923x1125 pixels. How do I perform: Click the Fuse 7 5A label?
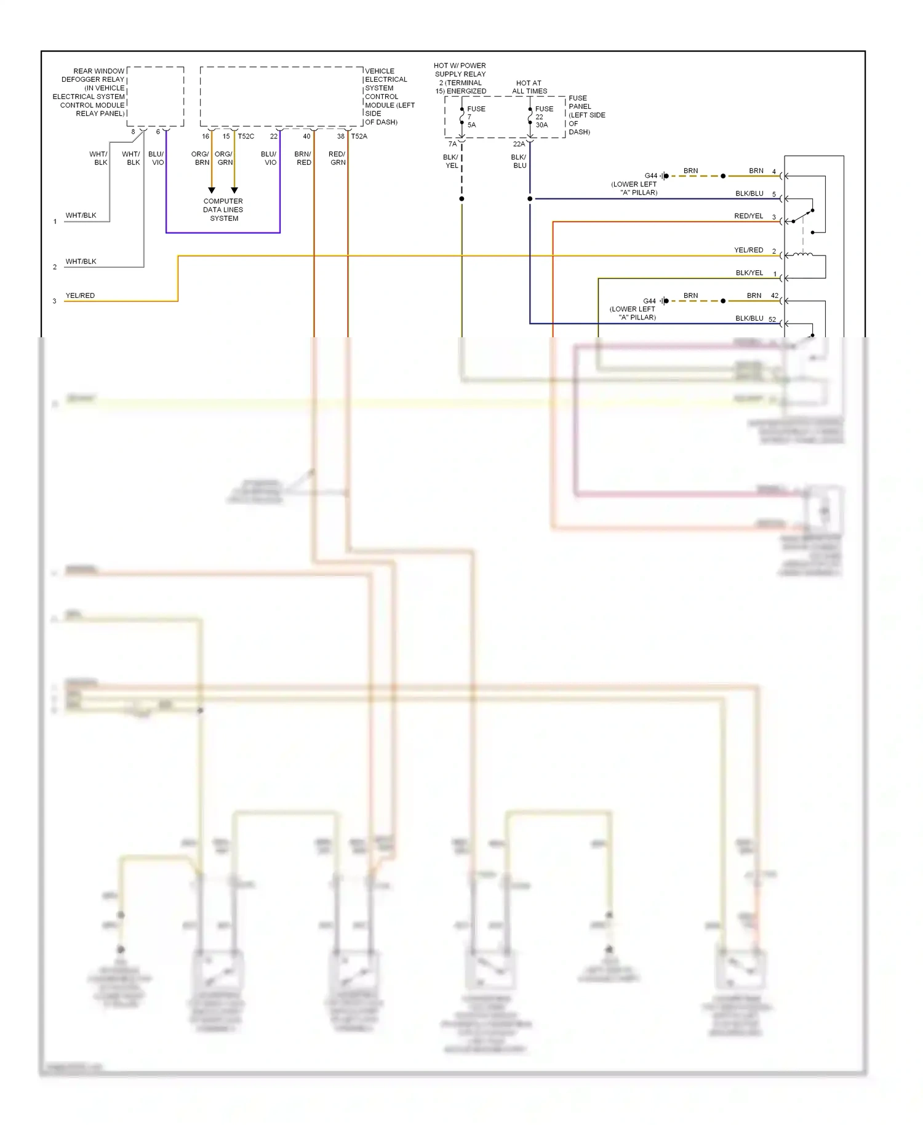coord(476,117)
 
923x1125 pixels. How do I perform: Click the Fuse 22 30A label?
coord(544,117)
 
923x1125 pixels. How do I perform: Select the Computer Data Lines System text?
coord(223,210)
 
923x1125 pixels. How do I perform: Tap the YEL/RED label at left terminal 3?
coord(80,295)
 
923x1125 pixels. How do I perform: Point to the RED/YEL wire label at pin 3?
coord(748,216)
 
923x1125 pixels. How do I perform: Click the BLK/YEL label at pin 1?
coord(749,273)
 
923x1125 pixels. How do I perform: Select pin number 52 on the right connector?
coord(772,319)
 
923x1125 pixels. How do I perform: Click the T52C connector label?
coord(246,137)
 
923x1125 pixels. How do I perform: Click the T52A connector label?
coord(359,137)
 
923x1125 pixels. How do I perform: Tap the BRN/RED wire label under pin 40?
coord(303,158)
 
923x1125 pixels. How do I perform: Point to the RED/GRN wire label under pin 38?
coord(337,158)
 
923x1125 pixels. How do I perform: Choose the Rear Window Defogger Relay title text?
coord(92,92)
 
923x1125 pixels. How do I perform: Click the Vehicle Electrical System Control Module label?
coord(389,97)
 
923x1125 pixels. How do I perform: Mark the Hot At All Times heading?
coord(529,87)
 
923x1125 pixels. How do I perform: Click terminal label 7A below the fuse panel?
coord(452,144)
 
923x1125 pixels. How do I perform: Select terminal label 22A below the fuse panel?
coord(519,144)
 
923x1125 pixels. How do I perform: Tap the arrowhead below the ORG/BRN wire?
coord(212,191)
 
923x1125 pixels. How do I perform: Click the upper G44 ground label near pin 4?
coord(650,176)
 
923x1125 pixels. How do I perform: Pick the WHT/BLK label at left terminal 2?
coord(81,262)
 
